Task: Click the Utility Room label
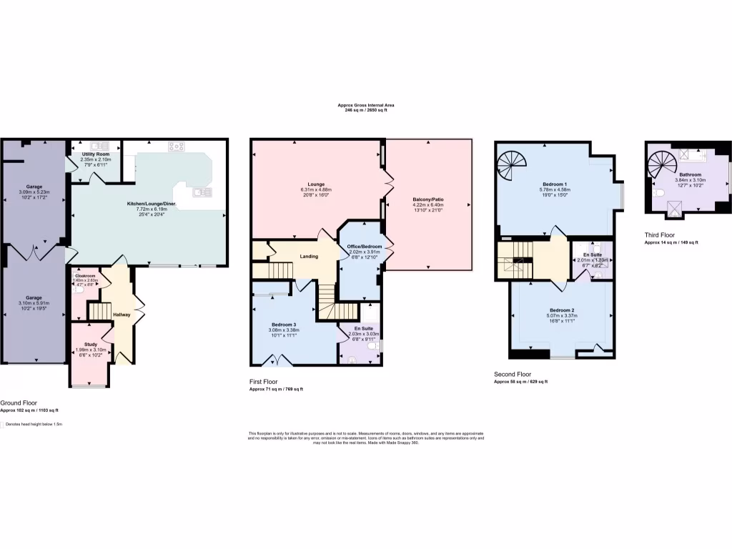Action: point(95,154)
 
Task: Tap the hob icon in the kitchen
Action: point(176,148)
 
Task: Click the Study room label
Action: point(90,344)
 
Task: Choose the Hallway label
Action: point(121,315)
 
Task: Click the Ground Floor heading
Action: point(19,403)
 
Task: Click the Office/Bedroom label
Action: point(365,247)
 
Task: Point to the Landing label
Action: point(309,256)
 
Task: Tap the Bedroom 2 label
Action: point(562,310)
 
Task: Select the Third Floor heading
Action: point(659,234)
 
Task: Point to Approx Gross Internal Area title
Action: point(365,105)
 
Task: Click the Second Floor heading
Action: point(513,374)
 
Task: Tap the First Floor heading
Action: point(264,382)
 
